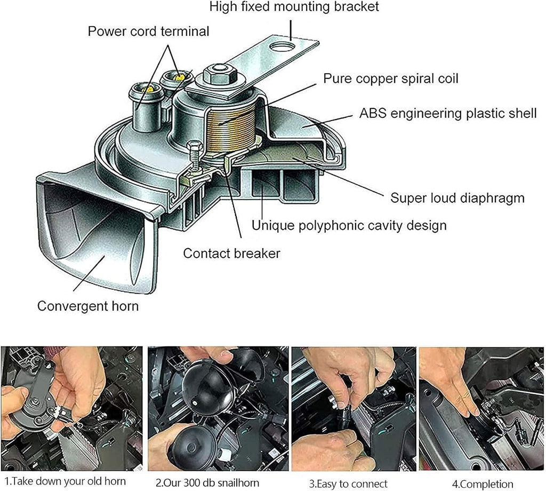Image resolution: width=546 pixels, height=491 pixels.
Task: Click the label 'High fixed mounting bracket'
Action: tap(294, 7)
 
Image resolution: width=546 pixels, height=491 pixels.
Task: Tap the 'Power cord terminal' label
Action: tap(148, 31)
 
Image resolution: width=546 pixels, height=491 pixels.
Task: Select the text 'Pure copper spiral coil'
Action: tap(391, 78)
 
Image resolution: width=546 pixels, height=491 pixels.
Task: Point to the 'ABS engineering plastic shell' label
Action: tap(448, 114)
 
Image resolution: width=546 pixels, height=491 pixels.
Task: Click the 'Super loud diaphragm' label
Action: tap(457, 198)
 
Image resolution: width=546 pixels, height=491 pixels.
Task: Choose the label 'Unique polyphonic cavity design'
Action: tap(349, 225)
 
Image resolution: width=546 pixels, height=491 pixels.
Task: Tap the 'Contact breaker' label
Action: tap(231, 253)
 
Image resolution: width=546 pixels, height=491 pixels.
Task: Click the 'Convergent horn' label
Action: tap(87, 306)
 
